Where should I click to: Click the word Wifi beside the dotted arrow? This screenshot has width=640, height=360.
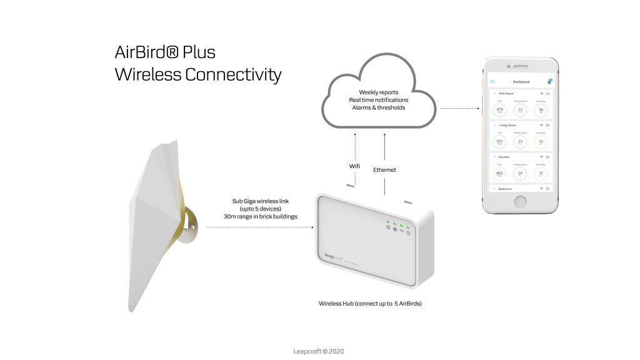click(354, 166)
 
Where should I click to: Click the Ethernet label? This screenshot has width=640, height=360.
click(384, 170)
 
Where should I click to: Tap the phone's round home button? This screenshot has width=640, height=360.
click(520, 201)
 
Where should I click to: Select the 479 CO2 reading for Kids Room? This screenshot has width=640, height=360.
click(499, 110)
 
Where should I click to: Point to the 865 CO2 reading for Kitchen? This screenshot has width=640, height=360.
click(499, 174)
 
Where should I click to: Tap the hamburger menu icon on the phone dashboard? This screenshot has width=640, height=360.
click(492, 82)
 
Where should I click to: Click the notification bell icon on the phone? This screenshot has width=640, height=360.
click(549, 81)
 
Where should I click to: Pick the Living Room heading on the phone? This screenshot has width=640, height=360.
click(507, 125)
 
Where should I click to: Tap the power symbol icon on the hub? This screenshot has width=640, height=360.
click(388, 227)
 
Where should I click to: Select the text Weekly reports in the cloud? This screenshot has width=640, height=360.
click(378, 92)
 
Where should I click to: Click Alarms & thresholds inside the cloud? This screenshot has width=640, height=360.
click(378, 107)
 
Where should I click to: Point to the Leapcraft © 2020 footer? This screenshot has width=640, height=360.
click(319, 351)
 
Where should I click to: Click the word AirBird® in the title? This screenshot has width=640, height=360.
click(147, 52)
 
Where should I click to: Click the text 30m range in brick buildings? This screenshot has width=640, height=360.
click(260, 216)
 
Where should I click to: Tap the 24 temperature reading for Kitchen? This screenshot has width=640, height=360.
click(520, 174)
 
